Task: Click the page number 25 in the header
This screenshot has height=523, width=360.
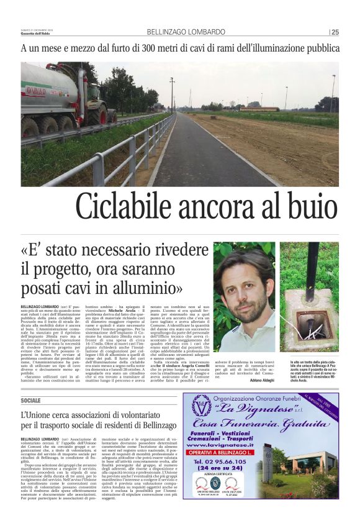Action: [x=335, y=32]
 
